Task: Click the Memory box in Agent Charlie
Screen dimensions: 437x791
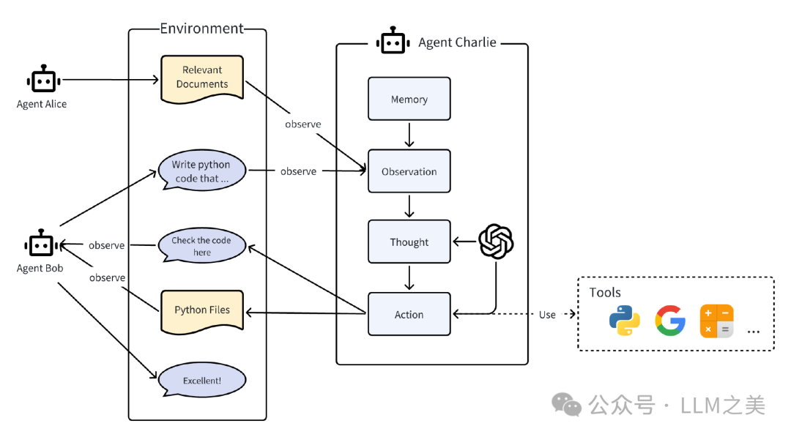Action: (409, 99)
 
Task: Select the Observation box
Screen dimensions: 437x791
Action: (409, 171)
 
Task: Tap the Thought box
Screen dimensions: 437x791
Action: (409, 242)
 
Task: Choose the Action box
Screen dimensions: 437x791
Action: (409, 314)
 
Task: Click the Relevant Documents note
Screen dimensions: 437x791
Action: (201, 77)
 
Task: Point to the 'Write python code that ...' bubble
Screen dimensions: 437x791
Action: (201, 171)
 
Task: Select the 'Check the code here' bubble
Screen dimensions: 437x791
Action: (201, 246)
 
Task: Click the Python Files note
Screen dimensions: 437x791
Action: (201, 310)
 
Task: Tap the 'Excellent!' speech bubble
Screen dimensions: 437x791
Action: (201, 381)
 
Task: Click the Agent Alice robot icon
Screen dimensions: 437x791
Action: (42, 80)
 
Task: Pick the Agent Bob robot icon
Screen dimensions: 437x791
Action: (40, 244)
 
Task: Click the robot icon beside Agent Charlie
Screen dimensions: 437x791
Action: (392, 42)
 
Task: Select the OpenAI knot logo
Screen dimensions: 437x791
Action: (496, 242)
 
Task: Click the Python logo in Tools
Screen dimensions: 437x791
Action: (624, 321)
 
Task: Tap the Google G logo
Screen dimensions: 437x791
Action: (670, 321)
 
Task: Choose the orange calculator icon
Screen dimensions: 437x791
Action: (716, 321)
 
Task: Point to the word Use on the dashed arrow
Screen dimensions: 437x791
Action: (547, 315)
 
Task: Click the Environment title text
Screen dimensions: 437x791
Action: (201, 29)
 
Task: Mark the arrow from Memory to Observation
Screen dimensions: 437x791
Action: (409, 135)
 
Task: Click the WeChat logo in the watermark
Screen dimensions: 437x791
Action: (566, 405)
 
